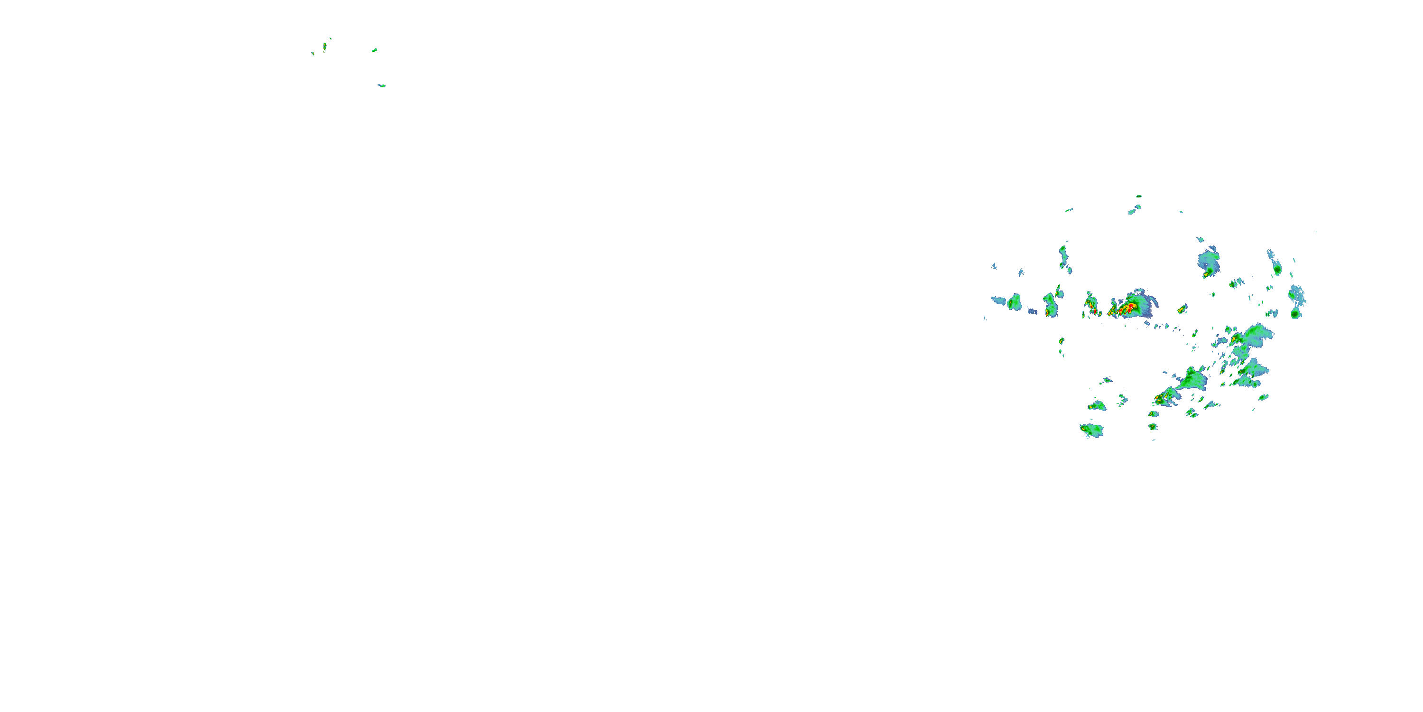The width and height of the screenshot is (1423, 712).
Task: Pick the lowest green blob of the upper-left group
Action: click(x=382, y=86)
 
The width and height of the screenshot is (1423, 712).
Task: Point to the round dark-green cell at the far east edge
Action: click(x=1295, y=313)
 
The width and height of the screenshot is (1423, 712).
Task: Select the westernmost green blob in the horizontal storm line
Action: click(x=1014, y=302)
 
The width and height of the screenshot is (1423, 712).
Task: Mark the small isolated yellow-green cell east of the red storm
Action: click(x=1182, y=309)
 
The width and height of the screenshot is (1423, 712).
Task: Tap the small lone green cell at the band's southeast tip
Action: click(x=1263, y=397)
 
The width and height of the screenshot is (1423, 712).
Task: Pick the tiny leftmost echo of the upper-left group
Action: click(x=313, y=54)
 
